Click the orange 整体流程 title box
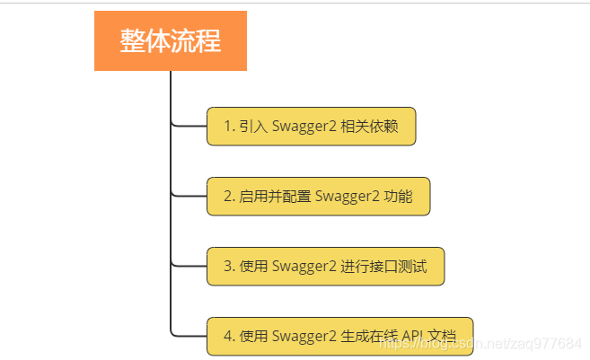point(171,40)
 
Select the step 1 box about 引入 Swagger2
point(311,127)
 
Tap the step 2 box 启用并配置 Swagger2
point(319,197)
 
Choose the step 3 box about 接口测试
point(325,266)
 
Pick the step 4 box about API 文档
point(339,336)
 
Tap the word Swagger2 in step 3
point(304,266)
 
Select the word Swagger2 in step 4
point(304,336)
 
